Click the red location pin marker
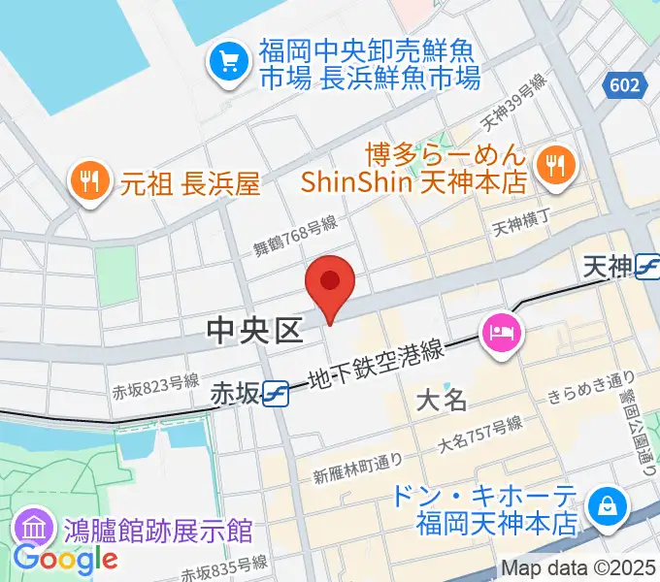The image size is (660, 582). click(330, 284)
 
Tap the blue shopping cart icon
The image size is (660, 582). click(229, 63)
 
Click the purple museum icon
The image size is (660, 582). click(34, 531)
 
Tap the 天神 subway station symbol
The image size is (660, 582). click(646, 269)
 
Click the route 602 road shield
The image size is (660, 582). click(625, 85)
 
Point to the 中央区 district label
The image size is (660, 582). click(255, 333)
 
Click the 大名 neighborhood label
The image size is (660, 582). click(442, 399)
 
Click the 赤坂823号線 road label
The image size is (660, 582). click(155, 386)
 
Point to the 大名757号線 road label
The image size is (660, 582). click(479, 435)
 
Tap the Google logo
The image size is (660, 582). click(65, 559)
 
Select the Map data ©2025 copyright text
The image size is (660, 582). click(578, 569)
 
